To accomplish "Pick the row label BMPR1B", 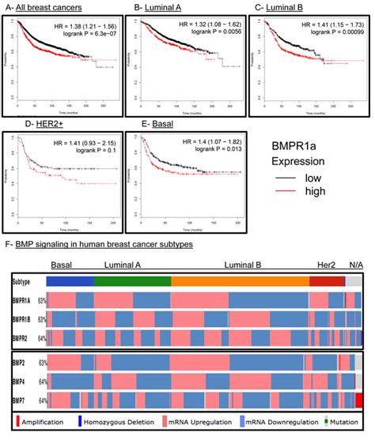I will point(22,318).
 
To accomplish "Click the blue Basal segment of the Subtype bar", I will point(70,280).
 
